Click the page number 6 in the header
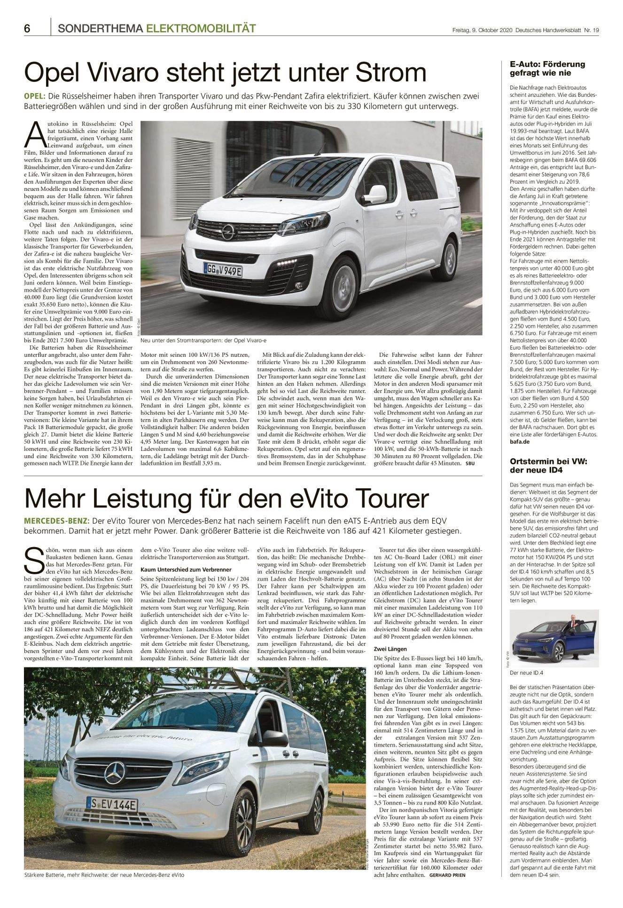coord(27,29)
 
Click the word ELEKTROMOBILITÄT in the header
coord(201,29)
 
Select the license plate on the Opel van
coord(223,271)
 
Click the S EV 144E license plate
coord(111,805)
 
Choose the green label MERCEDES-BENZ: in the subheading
coord(56,521)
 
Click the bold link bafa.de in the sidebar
coord(520,442)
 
